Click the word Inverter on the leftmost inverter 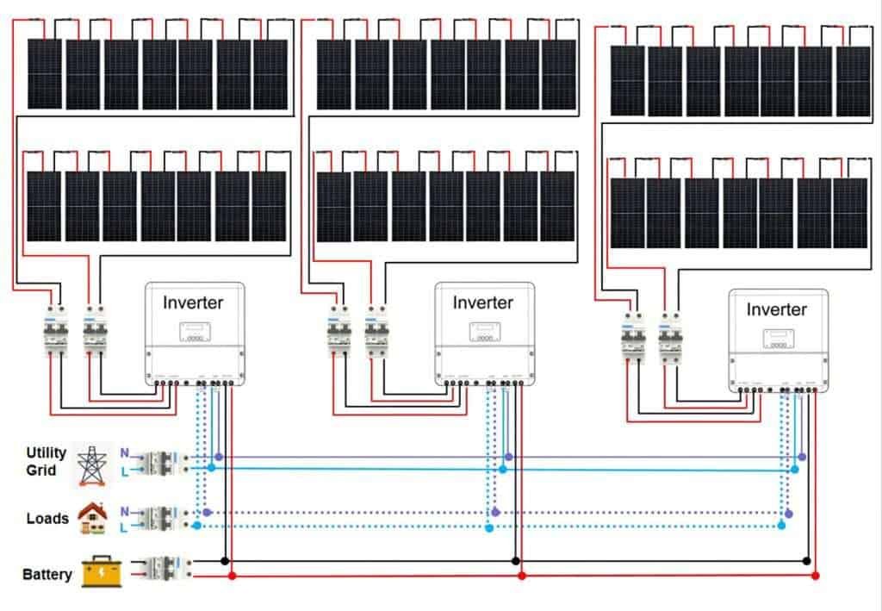tap(193, 302)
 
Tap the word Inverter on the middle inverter tap(482, 302)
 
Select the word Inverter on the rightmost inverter tap(776, 309)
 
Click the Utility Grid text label tap(47, 461)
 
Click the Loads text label tap(47, 519)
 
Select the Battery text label tap(47, 574)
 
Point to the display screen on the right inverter tap(776, 337)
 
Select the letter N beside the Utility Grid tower tap(124, 452)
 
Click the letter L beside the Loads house tap(124, 527)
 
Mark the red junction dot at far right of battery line tap(816, 575)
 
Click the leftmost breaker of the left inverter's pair tap(56, 332)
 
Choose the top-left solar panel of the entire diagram tap(44, 74)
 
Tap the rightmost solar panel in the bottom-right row tap(850, 212)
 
